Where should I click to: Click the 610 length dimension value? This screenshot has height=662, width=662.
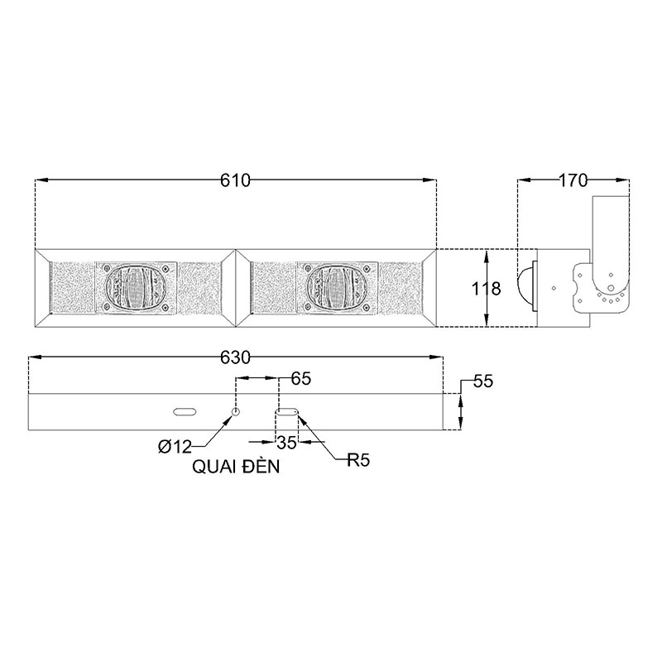[235, 180]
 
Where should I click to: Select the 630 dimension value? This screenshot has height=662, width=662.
[235, 357]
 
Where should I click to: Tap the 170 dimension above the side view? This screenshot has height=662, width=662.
[573, 180]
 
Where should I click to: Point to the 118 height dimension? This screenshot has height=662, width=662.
[486, 289]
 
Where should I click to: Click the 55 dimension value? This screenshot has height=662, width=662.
[483, 381]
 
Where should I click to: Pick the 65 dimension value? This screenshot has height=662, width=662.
[301, 379]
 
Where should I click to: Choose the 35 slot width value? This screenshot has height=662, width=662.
[286, 443]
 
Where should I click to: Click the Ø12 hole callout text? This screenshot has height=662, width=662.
[175, 447]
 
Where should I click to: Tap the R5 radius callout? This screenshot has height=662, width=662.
[358, 460]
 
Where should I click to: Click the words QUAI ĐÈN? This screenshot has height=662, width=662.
[236, 467]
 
